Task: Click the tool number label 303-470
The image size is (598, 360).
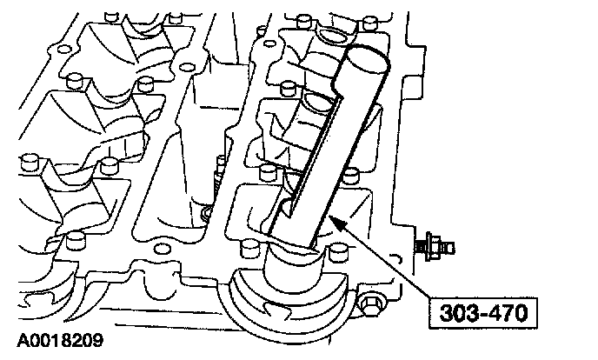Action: (483, 313)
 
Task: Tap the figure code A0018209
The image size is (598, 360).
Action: (60, 340)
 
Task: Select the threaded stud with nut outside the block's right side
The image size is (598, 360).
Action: (435, 247)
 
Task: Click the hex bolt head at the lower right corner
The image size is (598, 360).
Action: (370, 304)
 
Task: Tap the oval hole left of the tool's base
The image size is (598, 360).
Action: (162, 249)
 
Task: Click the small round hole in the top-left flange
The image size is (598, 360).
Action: (63, 50)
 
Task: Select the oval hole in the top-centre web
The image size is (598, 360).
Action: (187, 68)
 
